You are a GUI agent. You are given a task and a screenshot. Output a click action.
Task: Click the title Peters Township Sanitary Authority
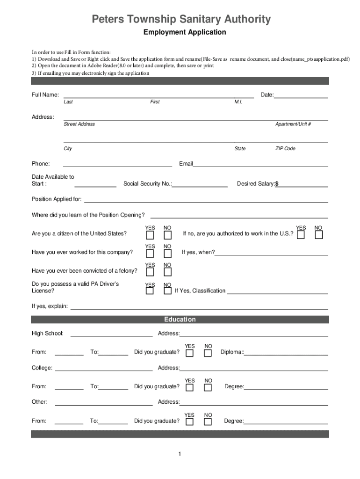[180, 19]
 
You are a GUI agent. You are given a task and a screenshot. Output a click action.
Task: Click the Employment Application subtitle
[184, 32]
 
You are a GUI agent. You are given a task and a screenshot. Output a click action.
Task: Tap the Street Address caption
[79, 124]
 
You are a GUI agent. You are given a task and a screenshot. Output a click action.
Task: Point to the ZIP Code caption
[285, 148]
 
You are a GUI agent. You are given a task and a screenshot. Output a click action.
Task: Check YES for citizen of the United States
[150, 235]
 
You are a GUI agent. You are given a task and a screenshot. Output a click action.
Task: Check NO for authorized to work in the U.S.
[318, 235]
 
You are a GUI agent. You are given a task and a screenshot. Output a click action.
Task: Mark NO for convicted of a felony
[167, 272]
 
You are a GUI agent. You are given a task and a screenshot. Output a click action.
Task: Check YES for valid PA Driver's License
[150, 291]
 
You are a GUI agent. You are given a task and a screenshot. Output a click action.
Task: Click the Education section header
[180, 319]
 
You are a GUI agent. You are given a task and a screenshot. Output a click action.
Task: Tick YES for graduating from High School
[189, 353]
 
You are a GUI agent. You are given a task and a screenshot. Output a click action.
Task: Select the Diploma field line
[286, 352]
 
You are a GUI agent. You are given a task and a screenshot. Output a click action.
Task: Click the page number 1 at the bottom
[180, 454]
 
